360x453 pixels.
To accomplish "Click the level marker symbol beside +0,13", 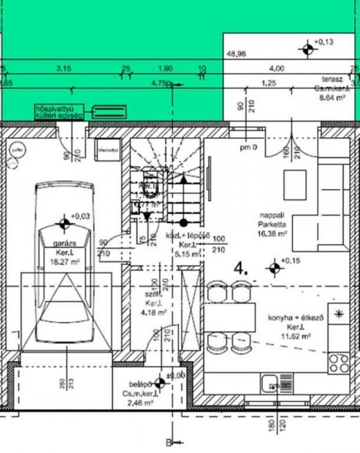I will (x=305, y=49).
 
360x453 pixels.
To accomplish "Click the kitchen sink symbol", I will (x=277, y=385).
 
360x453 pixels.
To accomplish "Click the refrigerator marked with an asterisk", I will (x=338, y=314).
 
